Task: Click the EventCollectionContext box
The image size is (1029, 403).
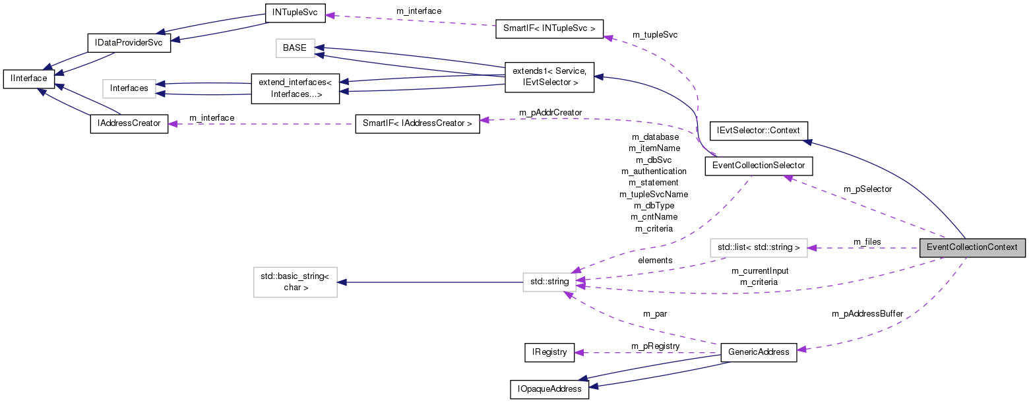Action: [x=972, y=248]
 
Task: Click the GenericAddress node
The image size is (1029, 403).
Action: [x=759, y=352]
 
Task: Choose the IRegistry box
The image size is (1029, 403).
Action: [x=549, y=352]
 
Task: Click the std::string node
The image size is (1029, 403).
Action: [x=549, y=282]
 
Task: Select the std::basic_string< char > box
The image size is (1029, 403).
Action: [x=296, y=282]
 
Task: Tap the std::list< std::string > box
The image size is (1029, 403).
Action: [x=759, y=248]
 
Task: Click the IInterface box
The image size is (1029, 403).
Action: [x=28, y=78]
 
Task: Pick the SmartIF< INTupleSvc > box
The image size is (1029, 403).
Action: [x=549, y=29]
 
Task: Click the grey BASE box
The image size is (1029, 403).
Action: [x=295, y=48]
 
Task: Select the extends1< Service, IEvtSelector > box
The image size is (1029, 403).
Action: [x=549, y=76]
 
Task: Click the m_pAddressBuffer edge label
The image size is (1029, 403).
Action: [x=867, y=314]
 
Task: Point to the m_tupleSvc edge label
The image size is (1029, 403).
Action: [x=654, y=34]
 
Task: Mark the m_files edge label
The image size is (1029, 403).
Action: [x=867, y=242]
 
